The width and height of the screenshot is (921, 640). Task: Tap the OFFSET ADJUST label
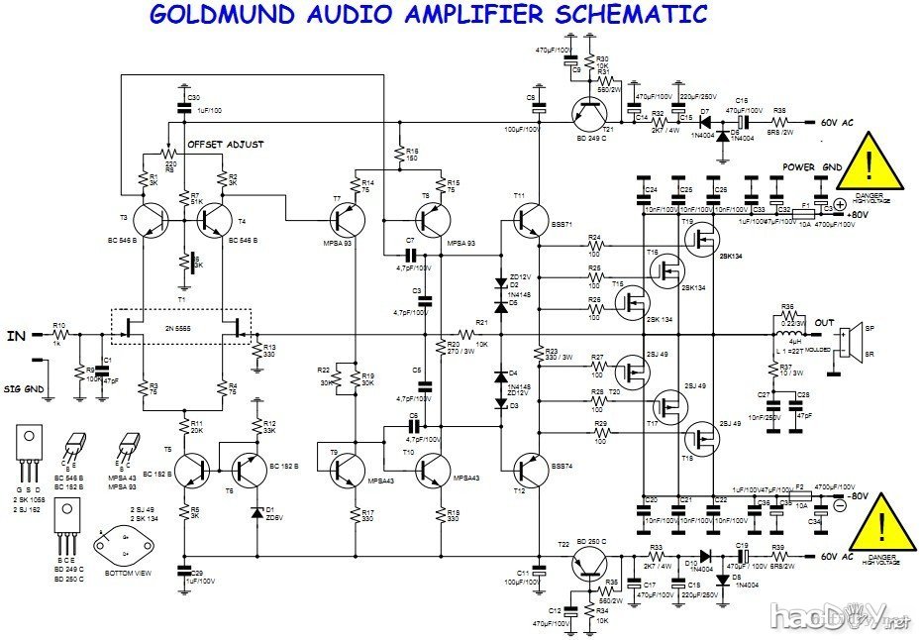[x=226, y=145]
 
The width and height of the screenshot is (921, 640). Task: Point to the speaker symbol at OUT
[x=847, y=341]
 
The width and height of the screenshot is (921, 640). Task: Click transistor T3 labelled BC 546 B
[x=150, y=220]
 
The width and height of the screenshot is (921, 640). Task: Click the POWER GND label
[x=812, y=168]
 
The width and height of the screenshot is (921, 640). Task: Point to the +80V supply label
[x=858, y=214]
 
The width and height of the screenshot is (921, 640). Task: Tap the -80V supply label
[x=857, y=496]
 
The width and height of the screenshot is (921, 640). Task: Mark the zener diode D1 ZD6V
[x=257, y=512]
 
